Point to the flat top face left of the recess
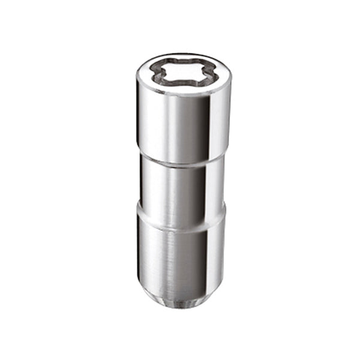pos(143,74)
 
